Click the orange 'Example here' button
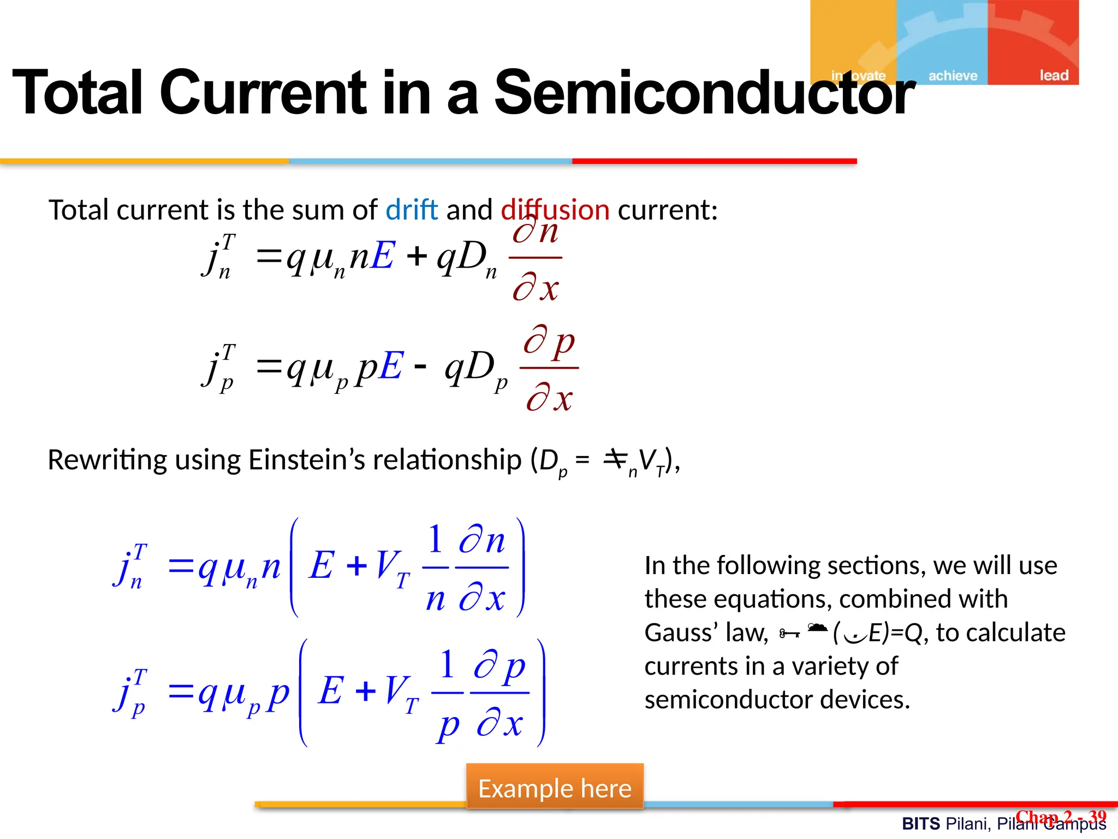click(x=555, y=788)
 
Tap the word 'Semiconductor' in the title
click(x=704, y=93)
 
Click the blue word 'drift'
click(x=412, y=210)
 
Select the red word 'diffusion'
click(x=555, y=210)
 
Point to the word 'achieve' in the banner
click(x=953, y=75)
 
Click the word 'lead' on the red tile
click(x=1054, y=75)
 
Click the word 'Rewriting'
click(x=107, y=460)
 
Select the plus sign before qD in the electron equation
click(x=417, y=256)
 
